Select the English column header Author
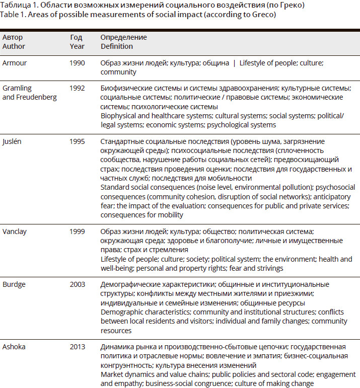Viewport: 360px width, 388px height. [13, 46]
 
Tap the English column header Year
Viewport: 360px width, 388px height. [76, 46]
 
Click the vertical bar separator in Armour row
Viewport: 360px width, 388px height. [234, 63]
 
